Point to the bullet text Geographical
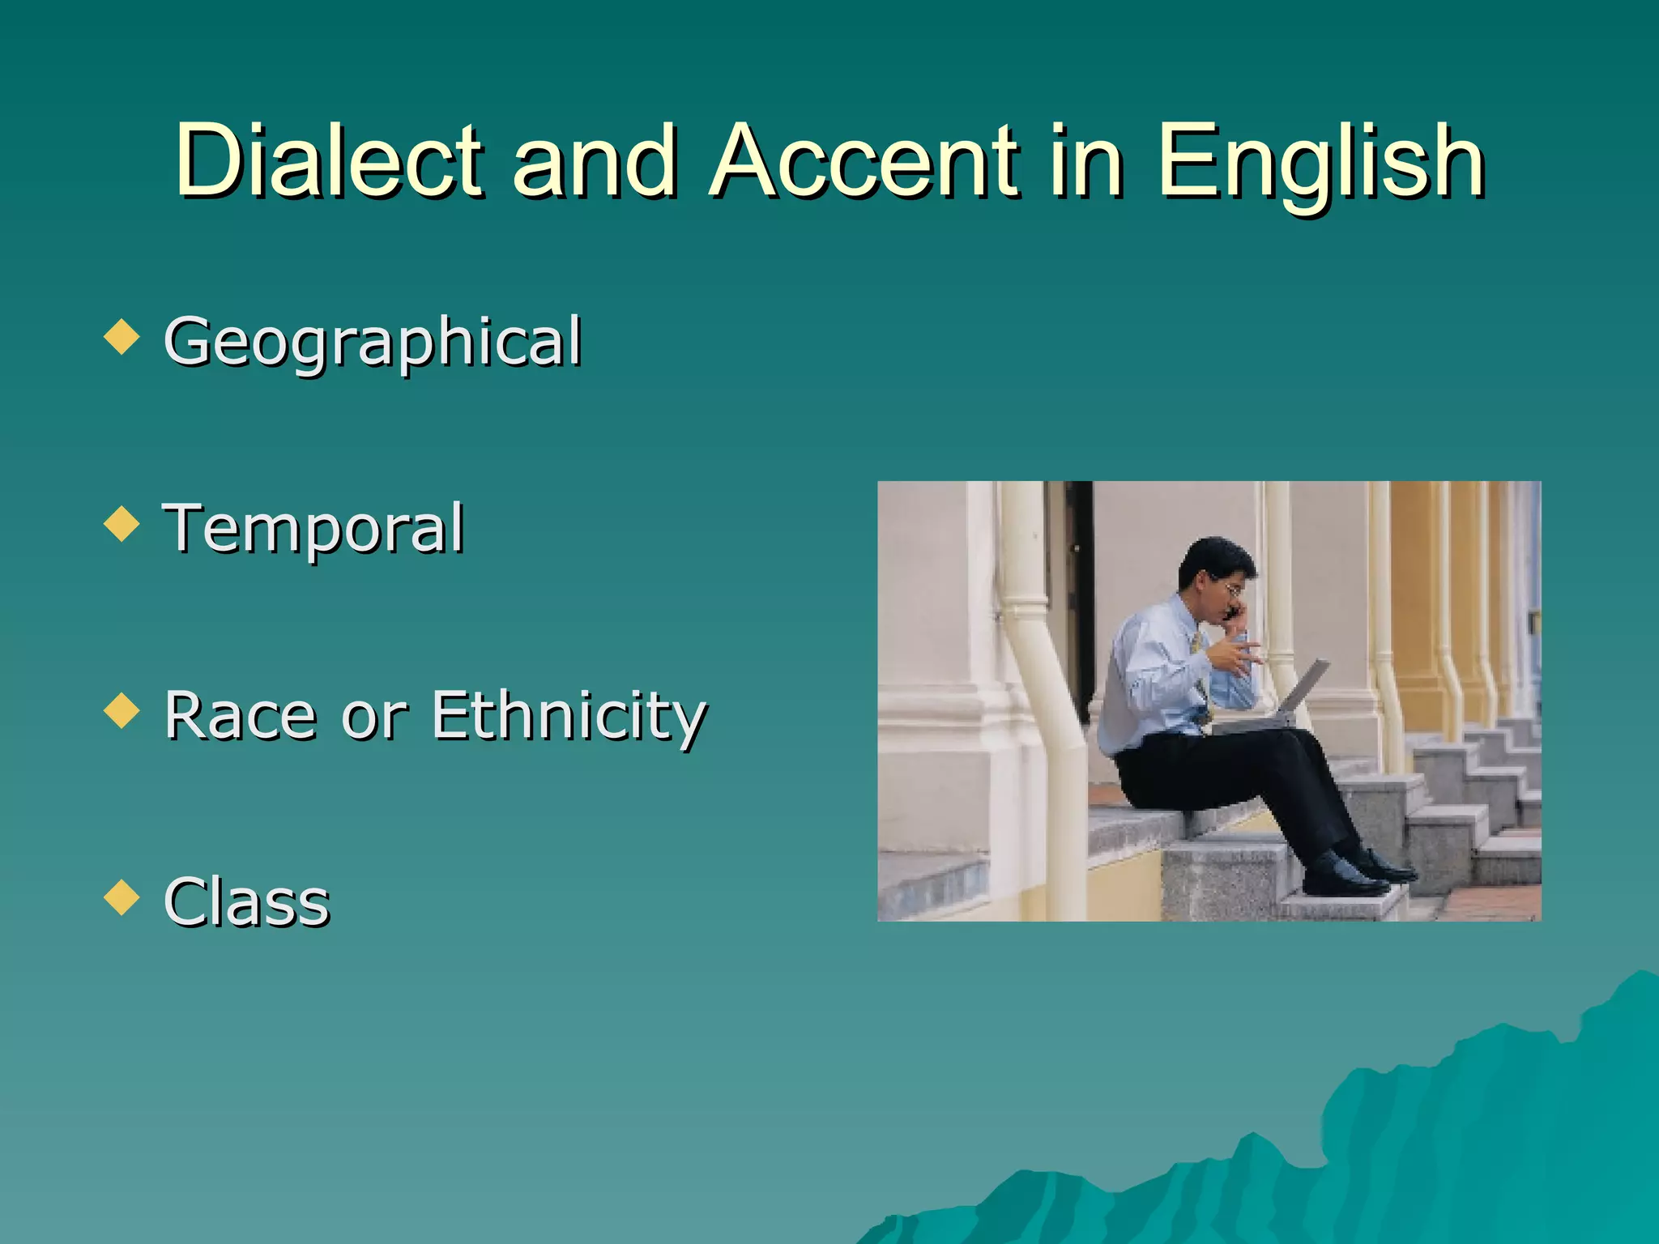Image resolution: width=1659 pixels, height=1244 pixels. tap(373, 342)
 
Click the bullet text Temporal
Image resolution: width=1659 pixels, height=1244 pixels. tap(313, 528)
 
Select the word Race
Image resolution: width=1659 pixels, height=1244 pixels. tap(240, 715)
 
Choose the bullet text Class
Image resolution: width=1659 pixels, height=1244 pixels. tap(247, 901)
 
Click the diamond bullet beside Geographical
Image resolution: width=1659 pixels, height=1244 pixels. tap(122, 337)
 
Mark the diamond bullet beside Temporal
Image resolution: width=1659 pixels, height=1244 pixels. tap(122, 524)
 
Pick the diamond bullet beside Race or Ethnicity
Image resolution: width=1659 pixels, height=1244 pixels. tap(122, 710)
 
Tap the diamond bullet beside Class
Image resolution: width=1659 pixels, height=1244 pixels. tap(122, 897)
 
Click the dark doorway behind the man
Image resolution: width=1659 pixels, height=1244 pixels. tap(1077, 591)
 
